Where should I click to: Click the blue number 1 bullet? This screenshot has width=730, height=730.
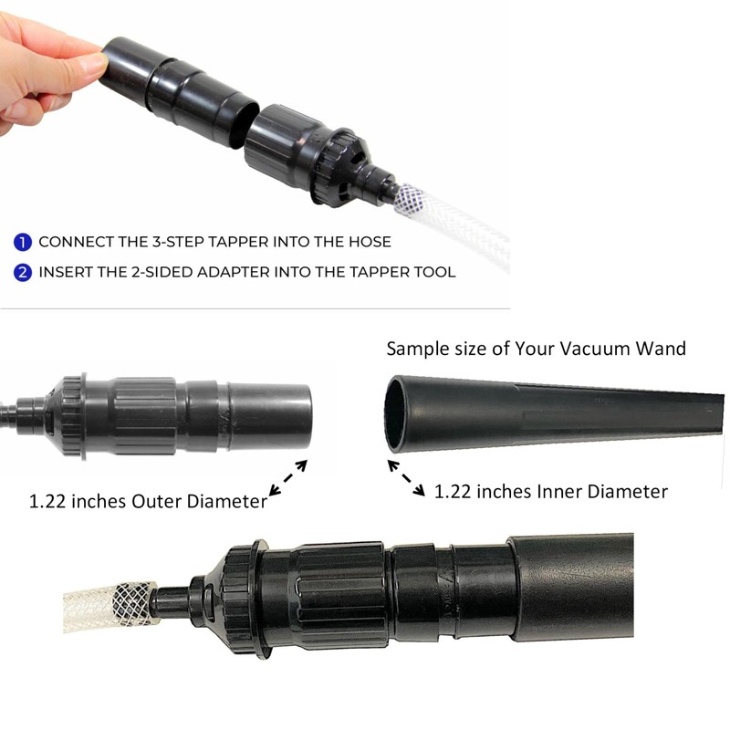(23, 243)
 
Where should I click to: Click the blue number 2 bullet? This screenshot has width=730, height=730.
(23, 272)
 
